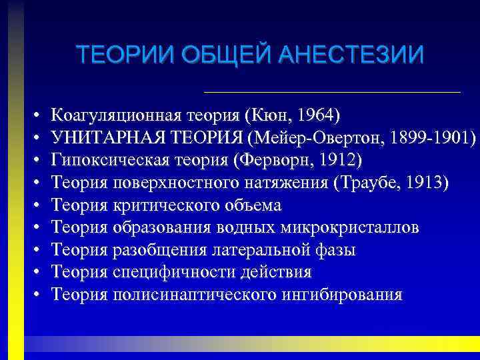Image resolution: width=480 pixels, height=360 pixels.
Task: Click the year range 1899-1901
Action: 429,137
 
